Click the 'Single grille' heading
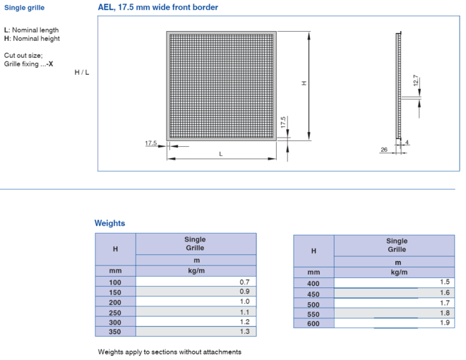pos(25,8)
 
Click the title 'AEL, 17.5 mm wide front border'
pos(158,8)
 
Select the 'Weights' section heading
pos(109,223)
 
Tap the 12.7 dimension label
pos(416,80)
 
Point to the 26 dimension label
pos(384,150)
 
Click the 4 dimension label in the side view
pos(407,143)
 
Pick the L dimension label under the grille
pos(221,154)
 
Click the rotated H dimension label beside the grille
pos(304,83)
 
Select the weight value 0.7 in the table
pos(244,282)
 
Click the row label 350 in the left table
pos(115,332)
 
